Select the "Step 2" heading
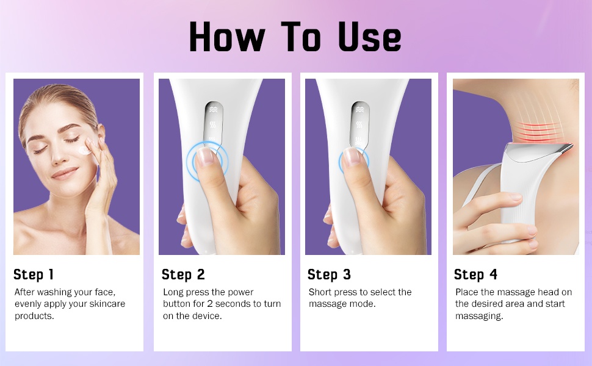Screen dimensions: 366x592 183,274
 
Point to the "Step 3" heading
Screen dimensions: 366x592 329,274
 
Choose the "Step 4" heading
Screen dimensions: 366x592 475,274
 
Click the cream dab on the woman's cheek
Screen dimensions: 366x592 84,149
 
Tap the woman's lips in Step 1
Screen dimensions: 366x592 64,174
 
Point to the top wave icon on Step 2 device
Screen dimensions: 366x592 212,110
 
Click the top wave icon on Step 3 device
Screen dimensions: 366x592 359,110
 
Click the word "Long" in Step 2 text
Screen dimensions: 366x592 174,292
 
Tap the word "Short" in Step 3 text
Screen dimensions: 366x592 321,292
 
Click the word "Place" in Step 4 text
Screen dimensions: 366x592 467,292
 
